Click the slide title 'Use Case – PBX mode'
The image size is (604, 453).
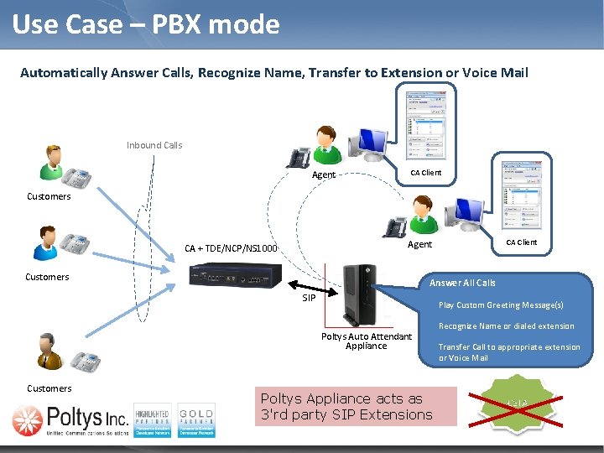pyautogui.click(x=146, y=24)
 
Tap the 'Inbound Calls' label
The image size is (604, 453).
pyautogui.click(x=154, y=145)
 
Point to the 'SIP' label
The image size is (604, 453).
pyautogui.click(x=309, y=298)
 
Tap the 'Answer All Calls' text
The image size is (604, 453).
pyautogui.click(x=462, y=283)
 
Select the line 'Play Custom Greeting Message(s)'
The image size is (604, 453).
pyautogui.click(x=501, y=305)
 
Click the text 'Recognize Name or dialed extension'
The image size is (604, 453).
pyautogui.click(x=506, y=326)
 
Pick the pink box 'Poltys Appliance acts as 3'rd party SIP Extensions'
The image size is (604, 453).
pyautogui.click(x=356, y=406)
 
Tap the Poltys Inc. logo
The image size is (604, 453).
pyautogui.click(x=70, y=418)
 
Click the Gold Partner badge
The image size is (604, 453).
pyautogui.click(x=195, y=419)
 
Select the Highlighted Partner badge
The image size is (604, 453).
pyautogui.click(x=152, y=419)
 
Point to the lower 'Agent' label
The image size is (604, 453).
pyautogui.click(x=419, y=245)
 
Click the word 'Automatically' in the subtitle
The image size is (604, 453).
pyautogui.click(x=63, y=73)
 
